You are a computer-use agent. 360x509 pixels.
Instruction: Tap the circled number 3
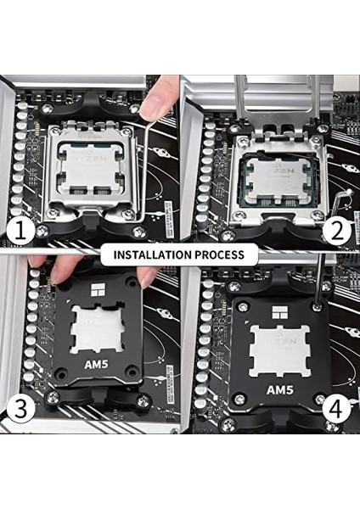coord(20,409)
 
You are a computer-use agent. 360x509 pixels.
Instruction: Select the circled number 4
coord(338,409)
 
